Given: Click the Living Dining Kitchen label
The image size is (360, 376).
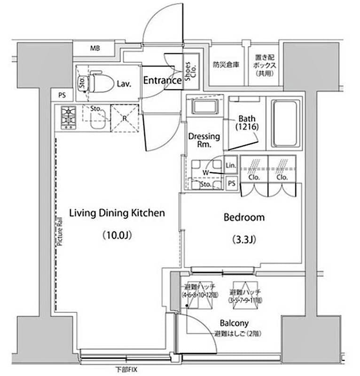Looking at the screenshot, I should (117, 213).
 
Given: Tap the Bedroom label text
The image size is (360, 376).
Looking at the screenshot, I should (243, 218).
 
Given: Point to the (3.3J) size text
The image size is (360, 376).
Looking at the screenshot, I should (243, 240).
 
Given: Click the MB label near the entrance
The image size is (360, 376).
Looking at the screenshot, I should (95, 48).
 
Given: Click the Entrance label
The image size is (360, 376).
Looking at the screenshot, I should (162, 80).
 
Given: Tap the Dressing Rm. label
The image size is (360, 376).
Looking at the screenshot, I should (204, 140).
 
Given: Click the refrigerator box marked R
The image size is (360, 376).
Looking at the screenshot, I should (125, 118).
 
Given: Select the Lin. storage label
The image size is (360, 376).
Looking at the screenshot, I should (231, 165).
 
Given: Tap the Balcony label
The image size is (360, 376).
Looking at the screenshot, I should (235, 323).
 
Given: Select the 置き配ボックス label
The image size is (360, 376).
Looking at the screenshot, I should (265, 65).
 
